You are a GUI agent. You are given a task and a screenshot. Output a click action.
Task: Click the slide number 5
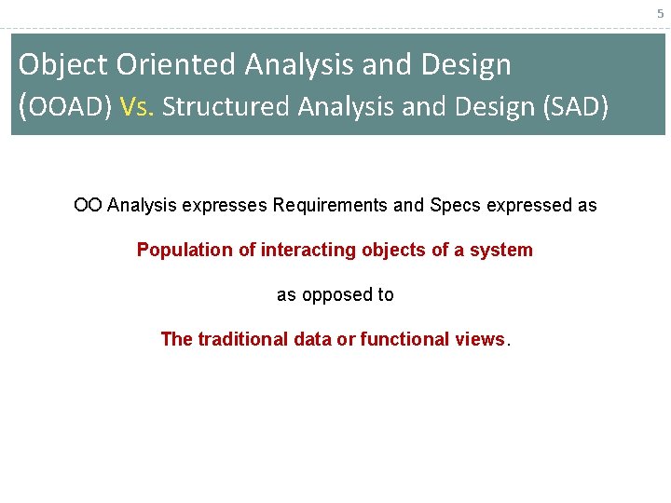point(661,14)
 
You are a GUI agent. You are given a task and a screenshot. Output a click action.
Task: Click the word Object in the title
point(62,64)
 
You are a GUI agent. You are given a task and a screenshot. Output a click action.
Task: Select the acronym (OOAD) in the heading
point(65,106)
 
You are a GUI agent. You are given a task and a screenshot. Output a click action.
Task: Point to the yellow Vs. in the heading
point(136,106)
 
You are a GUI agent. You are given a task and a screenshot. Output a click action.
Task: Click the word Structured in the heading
point(226,106)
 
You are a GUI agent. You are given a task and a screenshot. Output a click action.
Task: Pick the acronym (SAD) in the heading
point(576,106)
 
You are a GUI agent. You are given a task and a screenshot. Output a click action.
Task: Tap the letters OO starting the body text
point(88,205)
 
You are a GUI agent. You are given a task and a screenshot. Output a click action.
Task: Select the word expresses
point(225,206)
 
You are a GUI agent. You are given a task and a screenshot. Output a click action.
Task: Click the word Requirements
point(330,206)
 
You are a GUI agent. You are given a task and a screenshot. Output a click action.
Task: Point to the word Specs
point(456,206)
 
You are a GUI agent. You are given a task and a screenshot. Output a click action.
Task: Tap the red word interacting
point(308,251)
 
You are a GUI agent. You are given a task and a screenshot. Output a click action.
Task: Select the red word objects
point(393,251)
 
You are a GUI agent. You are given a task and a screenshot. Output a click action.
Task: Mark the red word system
point(501,251)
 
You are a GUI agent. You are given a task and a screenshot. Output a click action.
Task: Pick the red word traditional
point(242,339)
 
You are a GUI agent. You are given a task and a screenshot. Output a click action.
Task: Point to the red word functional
point(404,339)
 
